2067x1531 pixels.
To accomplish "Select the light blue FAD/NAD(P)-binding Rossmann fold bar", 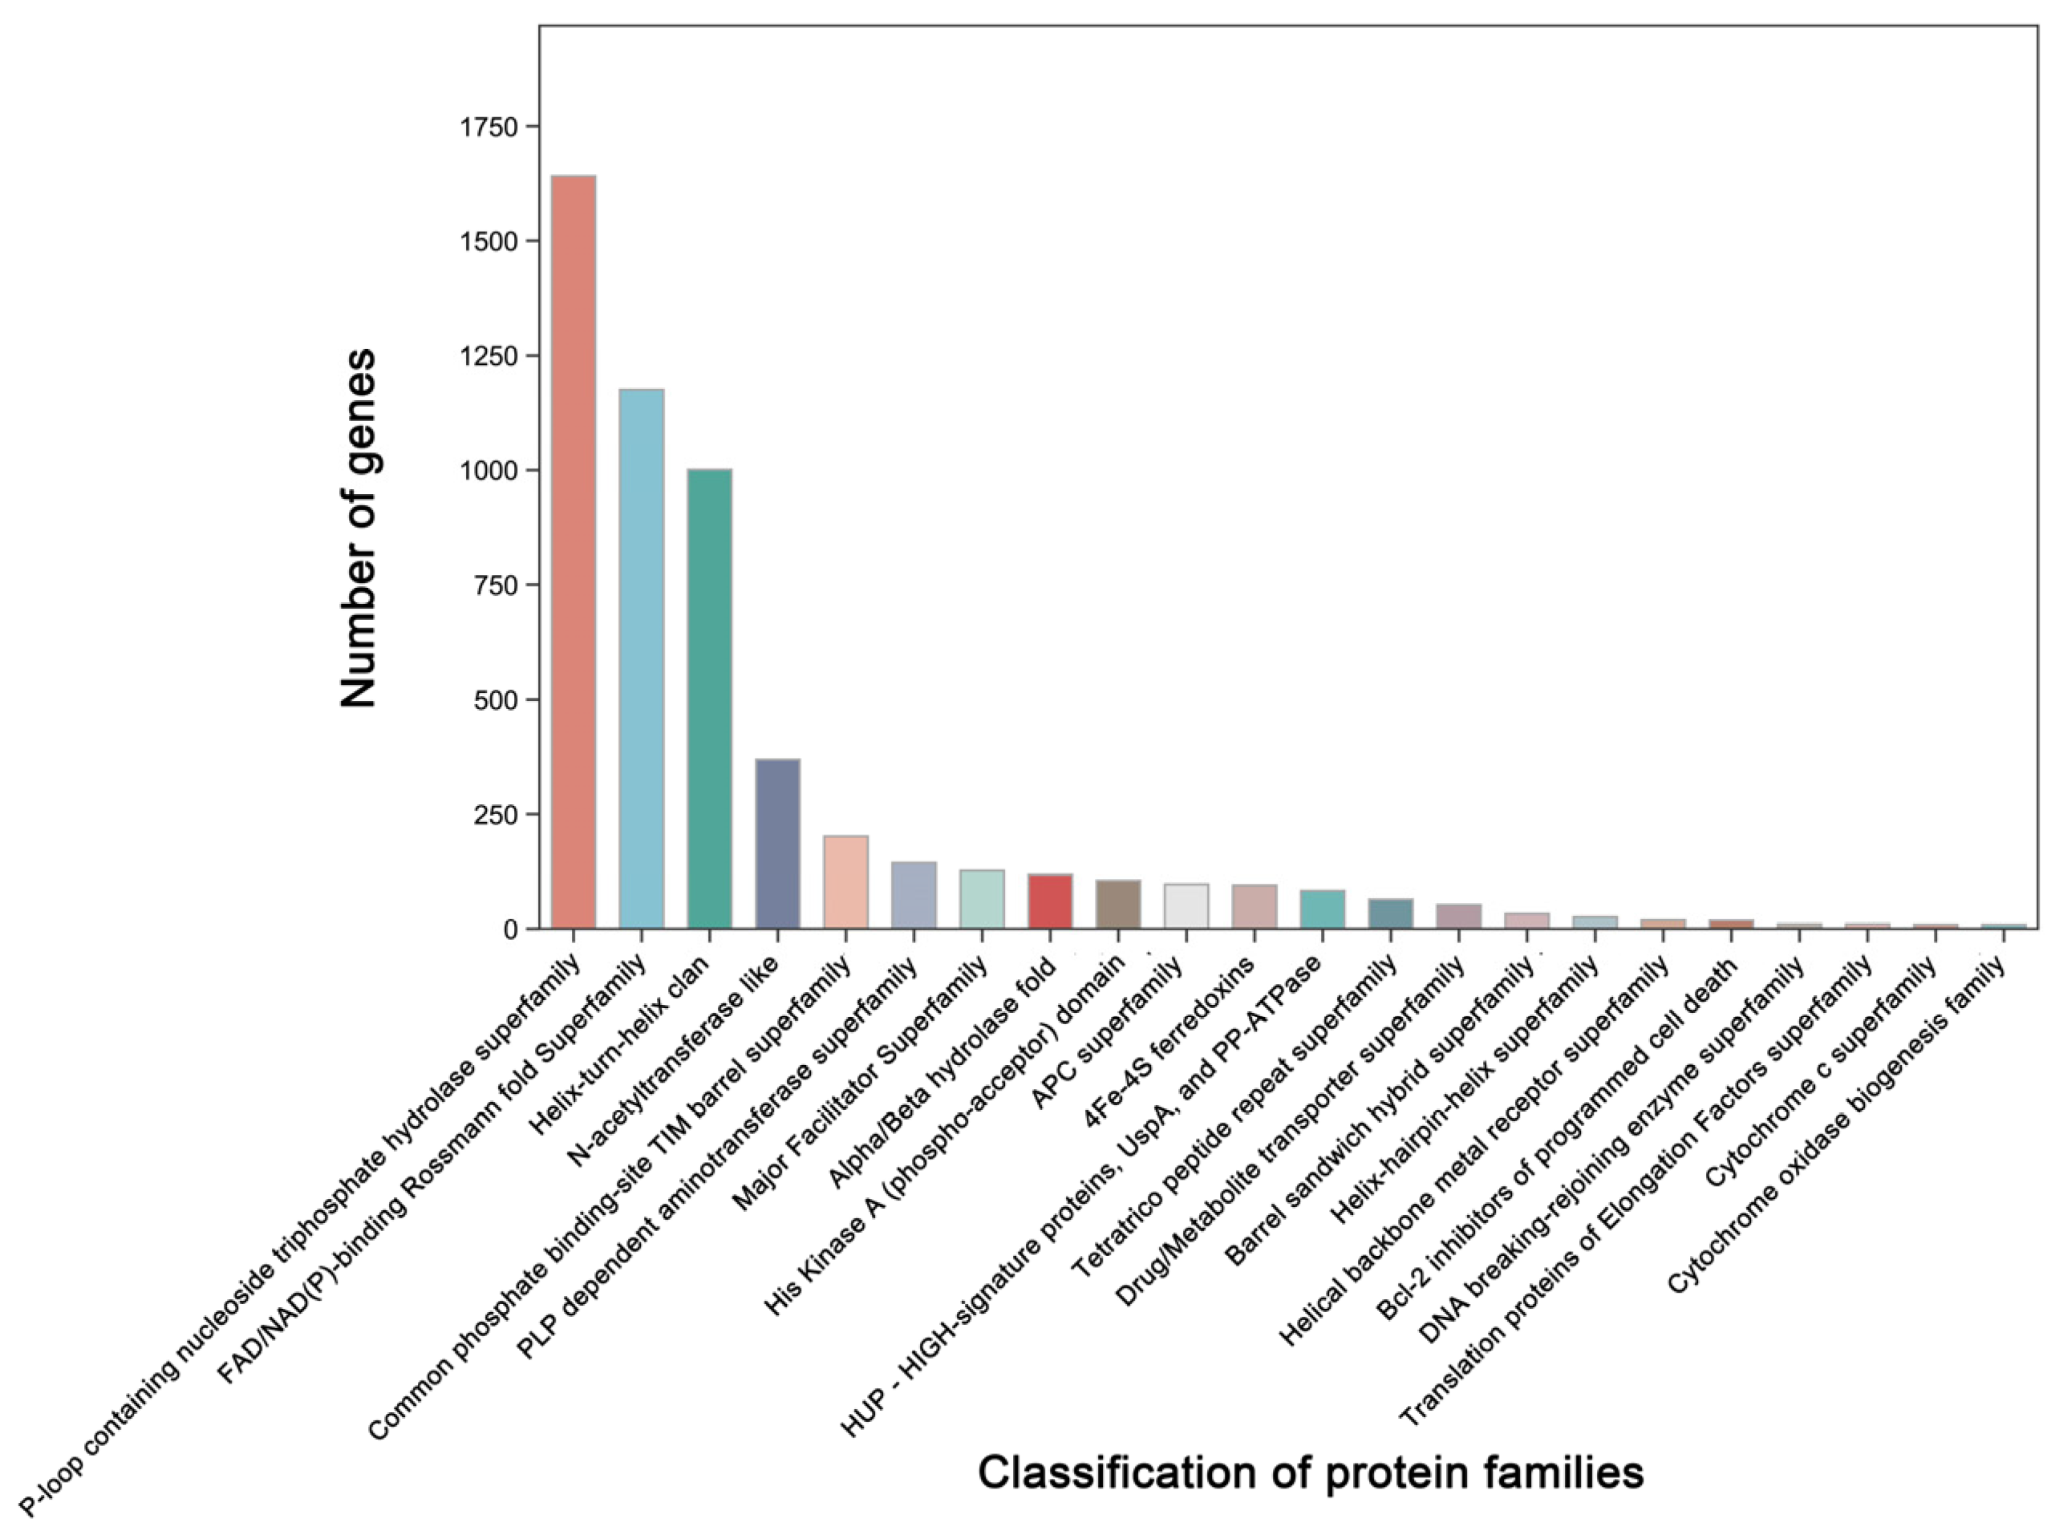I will click(x=642, y=658).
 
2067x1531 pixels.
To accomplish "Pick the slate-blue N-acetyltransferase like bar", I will click(x=778, y=844).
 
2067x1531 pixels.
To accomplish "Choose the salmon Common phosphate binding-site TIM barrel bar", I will click(x=845, y=881).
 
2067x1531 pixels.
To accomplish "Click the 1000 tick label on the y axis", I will click(x=490, y=471).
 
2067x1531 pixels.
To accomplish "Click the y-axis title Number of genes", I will click(x=359, y=529).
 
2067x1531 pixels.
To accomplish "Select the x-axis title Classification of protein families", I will click(x=1311, y=1472).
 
